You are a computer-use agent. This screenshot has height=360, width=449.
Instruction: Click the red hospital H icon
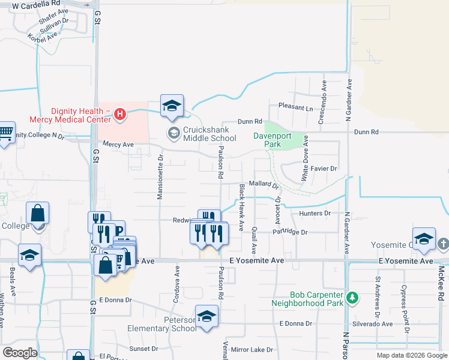point(119,113)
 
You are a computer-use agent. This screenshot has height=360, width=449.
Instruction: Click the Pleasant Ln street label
point(295,108)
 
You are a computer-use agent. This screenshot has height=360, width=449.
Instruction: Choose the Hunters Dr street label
point(319,213)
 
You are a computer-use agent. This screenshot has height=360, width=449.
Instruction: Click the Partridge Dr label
point(290,232)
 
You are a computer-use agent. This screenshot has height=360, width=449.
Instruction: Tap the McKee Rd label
point(441,284)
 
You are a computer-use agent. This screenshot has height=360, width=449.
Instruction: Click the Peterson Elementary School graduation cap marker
point(206,316)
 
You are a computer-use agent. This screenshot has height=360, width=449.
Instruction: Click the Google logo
point(20,353)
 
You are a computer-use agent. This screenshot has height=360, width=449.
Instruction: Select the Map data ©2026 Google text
point(412,355)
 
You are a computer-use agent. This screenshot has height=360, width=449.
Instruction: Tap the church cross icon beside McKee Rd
point(443,244)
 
